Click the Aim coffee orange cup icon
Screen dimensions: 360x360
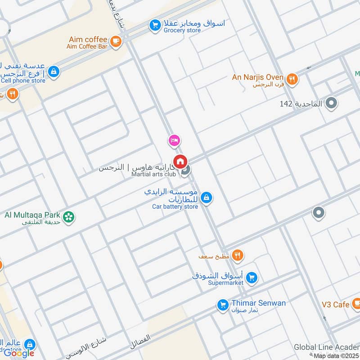[x=116, y=41]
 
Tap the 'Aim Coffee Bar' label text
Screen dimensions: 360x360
[x=88, y=47]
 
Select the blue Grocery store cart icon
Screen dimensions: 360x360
[x=155, y=26]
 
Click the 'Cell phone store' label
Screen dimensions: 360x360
[x=23, y=81]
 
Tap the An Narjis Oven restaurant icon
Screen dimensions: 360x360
[x=292, y=79]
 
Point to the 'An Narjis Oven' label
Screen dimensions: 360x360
[x=258, y=77]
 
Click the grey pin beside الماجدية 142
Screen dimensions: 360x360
[x=332, y=104]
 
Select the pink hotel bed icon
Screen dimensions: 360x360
[x=175, y=141]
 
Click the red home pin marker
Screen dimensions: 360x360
[x=180, y=161]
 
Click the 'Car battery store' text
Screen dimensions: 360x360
[x=175, y=207]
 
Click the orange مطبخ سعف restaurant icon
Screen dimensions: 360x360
[x=238, y=256]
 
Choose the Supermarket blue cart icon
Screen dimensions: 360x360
[x=252, y=278]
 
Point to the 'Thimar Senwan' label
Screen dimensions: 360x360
[x=258, y=303]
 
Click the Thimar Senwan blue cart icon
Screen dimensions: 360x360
[x=222, y=305]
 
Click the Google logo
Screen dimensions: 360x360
[x=18, y=353]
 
